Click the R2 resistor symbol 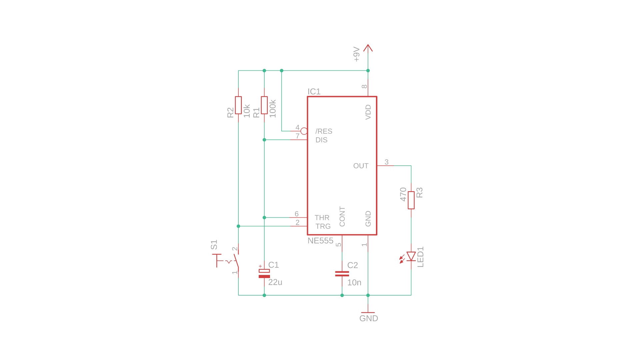tap(238, 105)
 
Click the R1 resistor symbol tap(264, 105)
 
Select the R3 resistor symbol tap(411, 200)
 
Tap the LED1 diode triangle tap(411, 256)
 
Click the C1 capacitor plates tap(264, 274)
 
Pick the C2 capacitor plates tap(342, 274)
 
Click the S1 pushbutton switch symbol tap(230, 261)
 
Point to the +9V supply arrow tap(368, 48)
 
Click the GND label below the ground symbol tap(369, 318)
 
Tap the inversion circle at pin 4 tap(304, 131)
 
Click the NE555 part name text tap(320, 241)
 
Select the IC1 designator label tap(314, 92)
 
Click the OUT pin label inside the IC tap(361, 166)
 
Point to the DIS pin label tap(321, 140)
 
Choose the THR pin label tap(322, 218)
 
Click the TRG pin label tap(323, 226)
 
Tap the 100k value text tap(273, 108)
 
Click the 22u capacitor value tap(275, 282)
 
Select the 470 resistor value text tap(403, 194)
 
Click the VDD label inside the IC tap(368, 112)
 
